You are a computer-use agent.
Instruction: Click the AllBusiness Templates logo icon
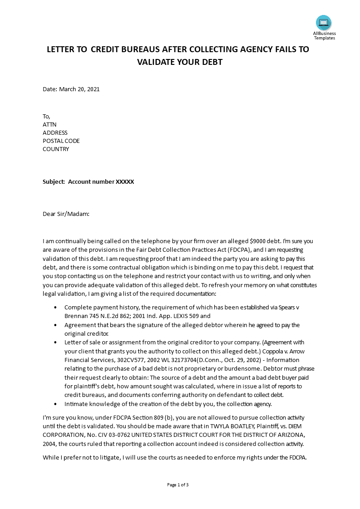coord(324,23)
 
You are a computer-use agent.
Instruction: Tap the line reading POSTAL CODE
coord(61,141)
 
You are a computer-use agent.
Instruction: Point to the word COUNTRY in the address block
coord(56,149)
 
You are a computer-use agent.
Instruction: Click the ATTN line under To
coord(49,125)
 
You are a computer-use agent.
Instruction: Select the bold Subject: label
coord(54,182)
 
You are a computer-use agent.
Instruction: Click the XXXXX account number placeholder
coord(125,182)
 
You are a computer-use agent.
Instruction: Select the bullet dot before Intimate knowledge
coord(55,404)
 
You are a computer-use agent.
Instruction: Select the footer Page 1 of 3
coord(178,485)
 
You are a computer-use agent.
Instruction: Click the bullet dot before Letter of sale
coord(55,343)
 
